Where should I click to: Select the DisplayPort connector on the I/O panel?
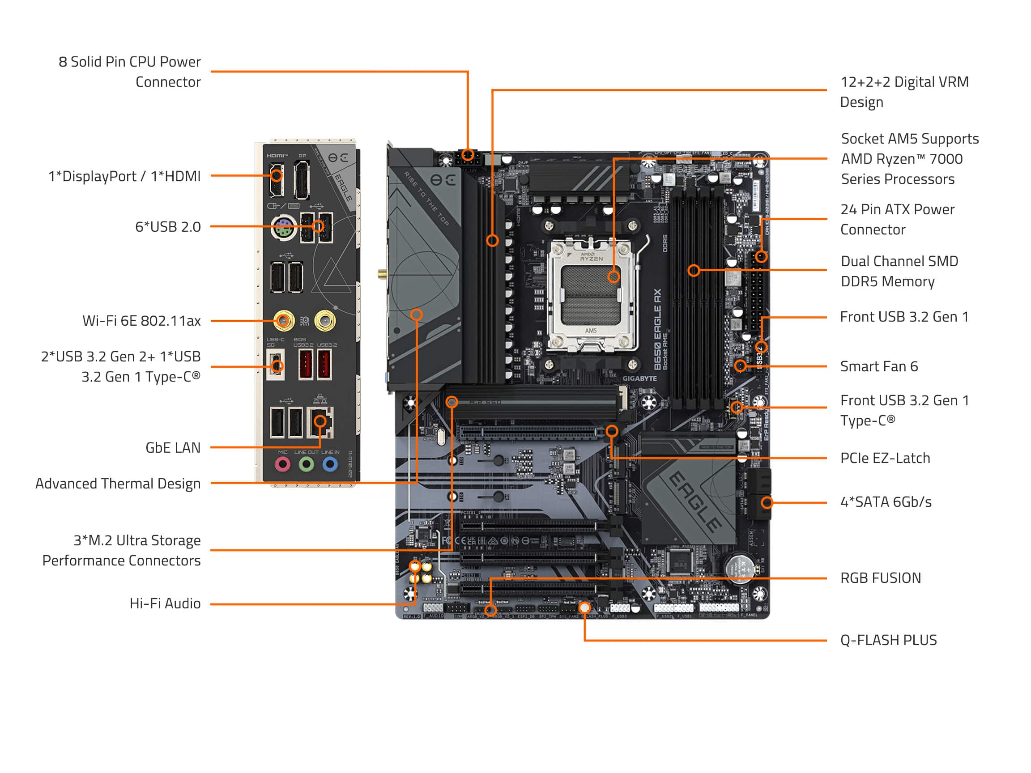302,180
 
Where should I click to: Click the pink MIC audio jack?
282,464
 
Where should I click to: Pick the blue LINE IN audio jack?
330,464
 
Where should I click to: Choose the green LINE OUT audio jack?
306,464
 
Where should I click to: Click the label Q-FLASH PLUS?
888,640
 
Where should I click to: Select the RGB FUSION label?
880,578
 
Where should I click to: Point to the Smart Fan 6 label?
878,367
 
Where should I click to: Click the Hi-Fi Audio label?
165,604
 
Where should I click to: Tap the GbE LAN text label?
173,448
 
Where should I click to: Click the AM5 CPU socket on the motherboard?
591,294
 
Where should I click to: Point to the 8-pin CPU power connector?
468,157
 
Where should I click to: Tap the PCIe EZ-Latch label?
885,459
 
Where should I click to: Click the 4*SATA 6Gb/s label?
886,502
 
